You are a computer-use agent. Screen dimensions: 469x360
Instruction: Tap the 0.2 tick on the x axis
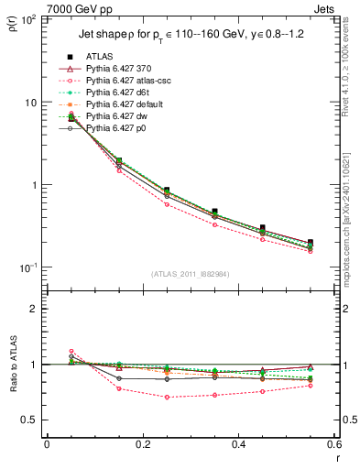tap(142, 445)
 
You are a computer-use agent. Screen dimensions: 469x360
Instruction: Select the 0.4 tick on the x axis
tap(238, 445)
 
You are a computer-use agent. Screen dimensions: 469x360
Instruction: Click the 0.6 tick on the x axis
tap(333, 445)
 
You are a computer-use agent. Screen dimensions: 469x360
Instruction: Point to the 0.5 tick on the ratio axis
tap(29, 420)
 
